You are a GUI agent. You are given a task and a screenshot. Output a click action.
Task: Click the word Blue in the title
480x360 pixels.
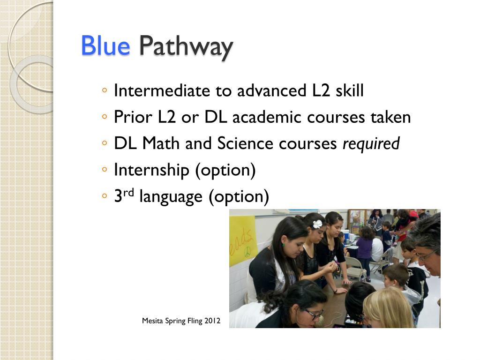pyautogui.click(x=105, y=46)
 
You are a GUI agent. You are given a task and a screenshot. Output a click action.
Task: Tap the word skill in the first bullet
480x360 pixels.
pyautogui.click(x=349, y=91)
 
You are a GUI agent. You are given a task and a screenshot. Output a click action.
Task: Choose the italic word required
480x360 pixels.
pyautogui.click(x=371, y=144)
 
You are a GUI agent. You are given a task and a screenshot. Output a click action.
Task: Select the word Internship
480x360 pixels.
pyautogui.click(x=152, y=170)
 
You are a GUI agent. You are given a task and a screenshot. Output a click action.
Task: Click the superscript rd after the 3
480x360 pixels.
pyautogui.click(x=129, y=193)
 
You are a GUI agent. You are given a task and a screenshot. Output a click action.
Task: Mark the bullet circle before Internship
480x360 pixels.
pyautogui.click(x=105, y=170)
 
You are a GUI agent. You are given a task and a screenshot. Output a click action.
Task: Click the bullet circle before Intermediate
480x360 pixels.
pyautogui.click(x=105, y=90)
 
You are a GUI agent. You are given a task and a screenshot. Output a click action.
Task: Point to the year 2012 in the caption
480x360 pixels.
pyautogui.click(x=212, y=321)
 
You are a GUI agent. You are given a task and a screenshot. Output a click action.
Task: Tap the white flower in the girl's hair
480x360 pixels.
pyautogui.click(x=317, y=224)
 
